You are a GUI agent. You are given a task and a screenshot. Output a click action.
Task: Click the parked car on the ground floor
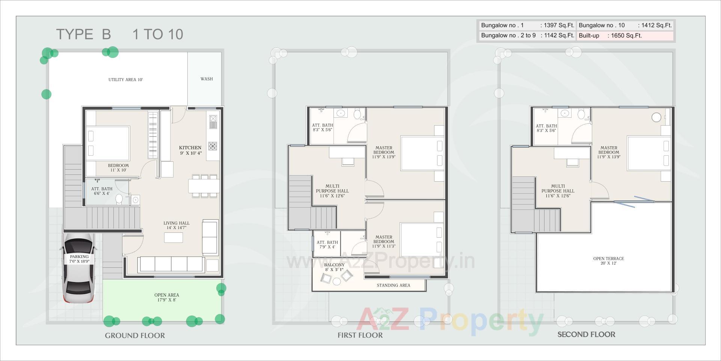(x=79, y=268)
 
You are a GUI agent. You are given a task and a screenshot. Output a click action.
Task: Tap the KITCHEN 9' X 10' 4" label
(x=190, y=150)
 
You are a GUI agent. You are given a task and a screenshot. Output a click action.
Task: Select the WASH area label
(x=207, y=79)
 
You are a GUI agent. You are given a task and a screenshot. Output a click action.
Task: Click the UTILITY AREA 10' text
(x=125, y=80)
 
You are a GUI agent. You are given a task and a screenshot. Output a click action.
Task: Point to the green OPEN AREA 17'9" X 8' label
(x=166, y=297)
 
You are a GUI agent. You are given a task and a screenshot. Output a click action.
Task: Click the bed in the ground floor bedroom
(x=108, y=144)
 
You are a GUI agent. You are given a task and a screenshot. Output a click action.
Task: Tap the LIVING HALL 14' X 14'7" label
(x=176, y=225)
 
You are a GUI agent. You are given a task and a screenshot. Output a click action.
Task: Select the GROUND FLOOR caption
(x=135, y=335)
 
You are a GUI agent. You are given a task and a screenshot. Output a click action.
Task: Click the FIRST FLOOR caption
(x=360, y=335)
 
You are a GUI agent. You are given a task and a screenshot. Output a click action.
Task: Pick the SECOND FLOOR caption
(x=586, y=334)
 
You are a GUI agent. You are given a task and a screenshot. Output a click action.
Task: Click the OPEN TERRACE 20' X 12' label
(x=608, y=261)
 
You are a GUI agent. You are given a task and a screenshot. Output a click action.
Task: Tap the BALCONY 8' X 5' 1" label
(x=334, y=267)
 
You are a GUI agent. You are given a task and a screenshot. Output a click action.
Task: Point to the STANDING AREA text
(x=393, y=285)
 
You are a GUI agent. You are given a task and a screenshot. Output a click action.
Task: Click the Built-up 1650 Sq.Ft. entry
(x=625, y=36)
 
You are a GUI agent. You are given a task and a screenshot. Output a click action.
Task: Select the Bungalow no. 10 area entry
(x=625, y=25)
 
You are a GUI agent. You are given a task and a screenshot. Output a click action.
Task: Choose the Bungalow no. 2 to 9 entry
(x=527, y=36)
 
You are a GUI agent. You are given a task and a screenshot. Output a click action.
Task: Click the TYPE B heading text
(x=83, y=34)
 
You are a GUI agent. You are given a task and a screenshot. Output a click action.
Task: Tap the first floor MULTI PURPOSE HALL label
(x=332, y=191)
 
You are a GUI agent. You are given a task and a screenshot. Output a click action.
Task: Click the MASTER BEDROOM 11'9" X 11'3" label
(x=383, y=242)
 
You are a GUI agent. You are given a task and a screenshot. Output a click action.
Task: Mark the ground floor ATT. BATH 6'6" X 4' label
(x=102, y=191)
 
